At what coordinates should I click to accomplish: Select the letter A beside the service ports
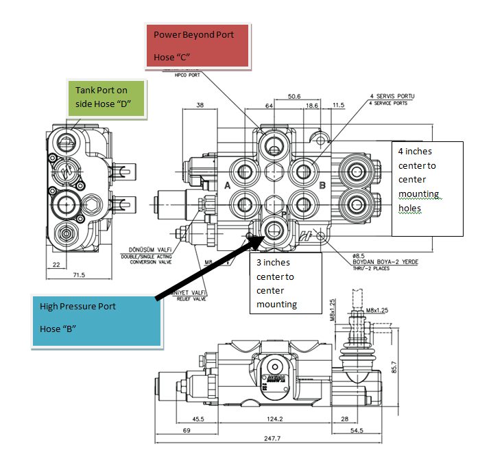pyautogui.click(x=227, y=186)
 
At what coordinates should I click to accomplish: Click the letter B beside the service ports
pyautogui.click(x=321, y=186)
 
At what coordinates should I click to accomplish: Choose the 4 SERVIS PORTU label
pyautogui.click(x=392, y=95)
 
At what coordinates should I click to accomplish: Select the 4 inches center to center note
pyautogui.click(x=426, y=180)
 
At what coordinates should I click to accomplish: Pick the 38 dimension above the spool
pyautogui.click(x=200, y=106)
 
